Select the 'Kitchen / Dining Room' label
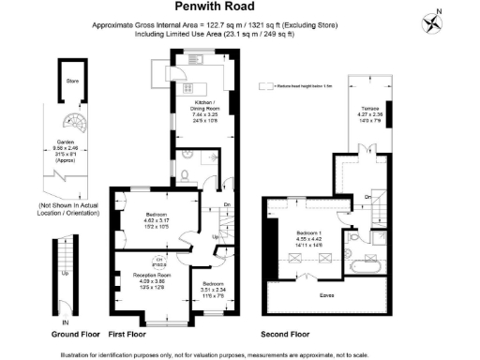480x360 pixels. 205,104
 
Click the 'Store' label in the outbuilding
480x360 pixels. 71,81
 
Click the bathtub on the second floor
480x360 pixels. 361,271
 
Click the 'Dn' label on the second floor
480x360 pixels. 367,196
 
